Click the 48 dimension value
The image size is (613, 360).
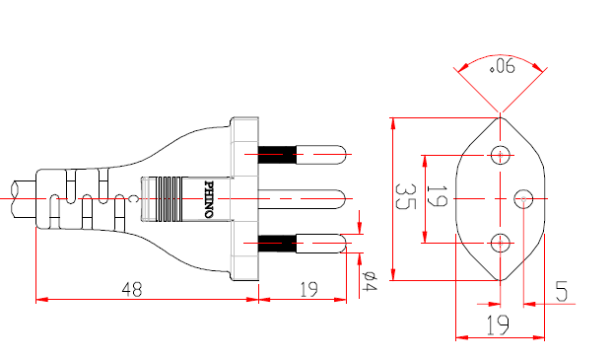click(x=131, y=289)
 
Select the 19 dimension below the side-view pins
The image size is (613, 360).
click(x=307, y=289)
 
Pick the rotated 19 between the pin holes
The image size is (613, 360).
click(x=440, y=198)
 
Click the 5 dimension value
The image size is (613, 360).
click(x=561, y=292)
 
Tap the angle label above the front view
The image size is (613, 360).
click(x=503, y=67)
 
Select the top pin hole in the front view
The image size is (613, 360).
click(x=501, y=155)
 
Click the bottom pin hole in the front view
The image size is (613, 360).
click(x=501, y=243)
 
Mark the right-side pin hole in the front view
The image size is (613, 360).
click(x=524, y=199)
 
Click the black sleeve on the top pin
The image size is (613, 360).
click(x=276, y=155)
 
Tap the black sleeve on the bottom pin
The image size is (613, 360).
click(x=276, y=241)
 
